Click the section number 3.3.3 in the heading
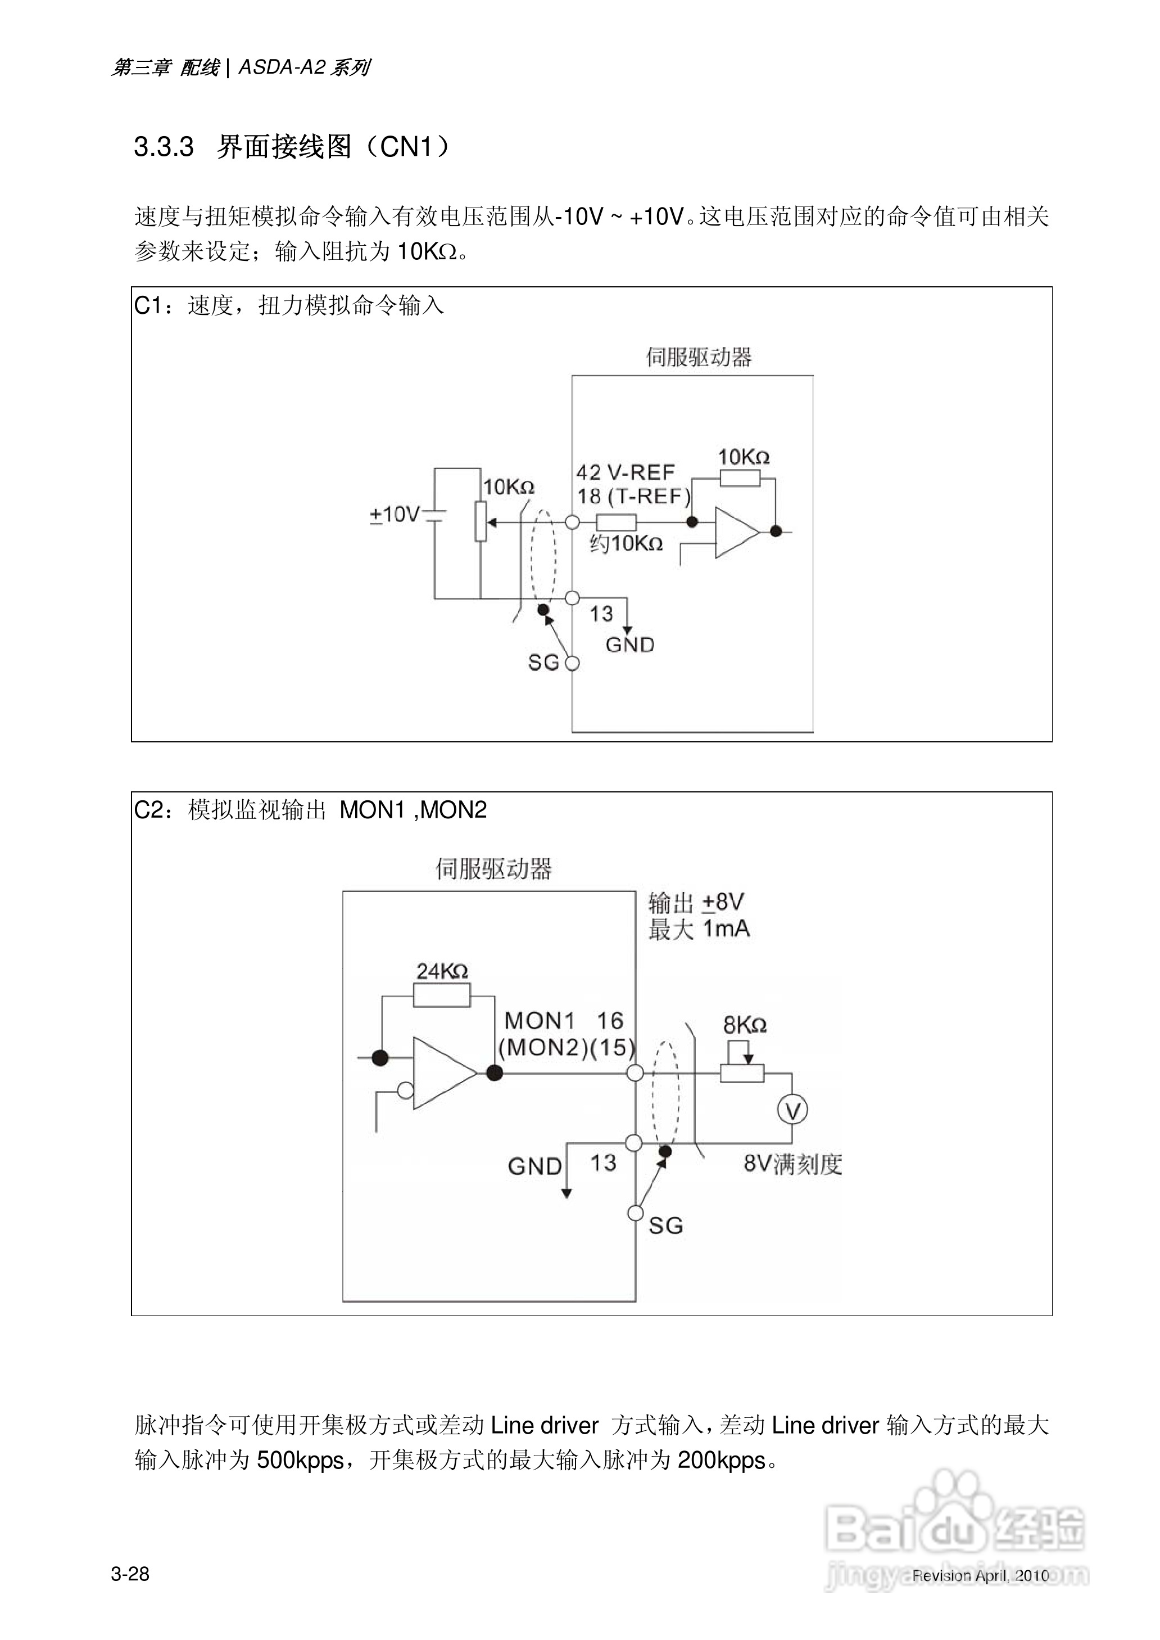pos(164,147)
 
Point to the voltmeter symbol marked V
pos(792,1110)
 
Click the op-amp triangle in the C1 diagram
pos(736,533)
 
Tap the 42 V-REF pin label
pos(625,472)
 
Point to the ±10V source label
pos(395,514)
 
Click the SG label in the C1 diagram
pos(543,663)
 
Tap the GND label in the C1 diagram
pos(630,645)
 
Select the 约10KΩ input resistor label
pos(626,544)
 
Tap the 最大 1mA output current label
pos(699,929)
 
